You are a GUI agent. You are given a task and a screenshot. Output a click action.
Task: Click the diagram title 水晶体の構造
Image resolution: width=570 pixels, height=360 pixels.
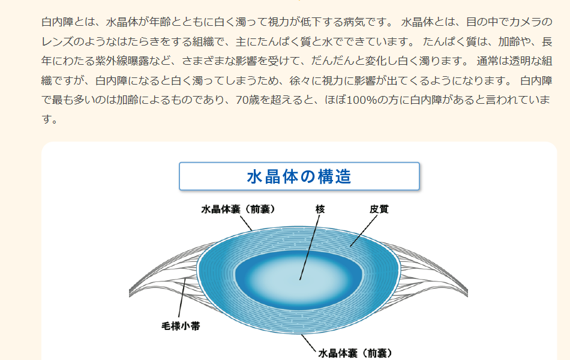[x=299, y=177]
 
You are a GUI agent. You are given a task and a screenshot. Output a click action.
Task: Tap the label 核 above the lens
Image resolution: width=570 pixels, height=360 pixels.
[x=320, y=209]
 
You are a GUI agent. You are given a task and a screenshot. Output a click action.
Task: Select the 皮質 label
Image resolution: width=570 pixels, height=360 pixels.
[x=379, y=209]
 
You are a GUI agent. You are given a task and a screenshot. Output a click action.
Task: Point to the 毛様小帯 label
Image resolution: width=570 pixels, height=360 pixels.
[x=181, y=326]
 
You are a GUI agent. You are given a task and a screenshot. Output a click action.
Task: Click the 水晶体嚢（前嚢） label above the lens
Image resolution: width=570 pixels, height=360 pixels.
[x=238, y=209]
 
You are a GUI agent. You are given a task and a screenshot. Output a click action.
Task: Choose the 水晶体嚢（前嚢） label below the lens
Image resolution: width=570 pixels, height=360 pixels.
[x=356, y=353]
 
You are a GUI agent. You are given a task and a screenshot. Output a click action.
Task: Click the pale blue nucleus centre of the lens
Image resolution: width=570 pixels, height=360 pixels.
[x=299, y=280]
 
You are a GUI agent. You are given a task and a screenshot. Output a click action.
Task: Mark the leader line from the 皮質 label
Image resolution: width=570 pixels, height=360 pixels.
[x=364, y=231]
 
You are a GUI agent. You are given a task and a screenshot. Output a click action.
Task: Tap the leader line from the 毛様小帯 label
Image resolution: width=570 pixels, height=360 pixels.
[x=182, y=298]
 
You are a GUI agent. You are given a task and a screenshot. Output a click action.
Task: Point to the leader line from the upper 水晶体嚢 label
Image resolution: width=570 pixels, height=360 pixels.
[x=246, y=223]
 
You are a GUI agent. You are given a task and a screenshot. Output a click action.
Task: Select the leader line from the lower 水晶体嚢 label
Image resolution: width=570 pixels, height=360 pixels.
[x=308, y=343]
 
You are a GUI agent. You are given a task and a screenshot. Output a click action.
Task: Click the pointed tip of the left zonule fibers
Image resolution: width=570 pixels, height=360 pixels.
[x=130, y=293]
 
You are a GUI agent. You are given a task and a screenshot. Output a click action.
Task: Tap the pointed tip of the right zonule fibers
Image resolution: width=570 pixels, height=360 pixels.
[x=467, y=293]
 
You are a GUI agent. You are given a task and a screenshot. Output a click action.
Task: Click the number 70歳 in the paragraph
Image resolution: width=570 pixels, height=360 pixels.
[x=248, y=100]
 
